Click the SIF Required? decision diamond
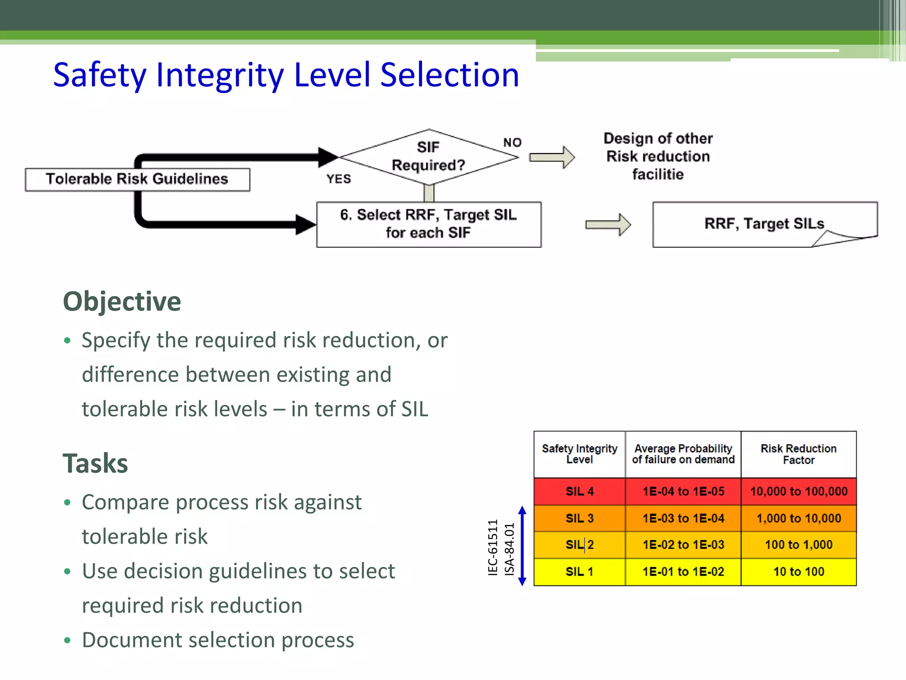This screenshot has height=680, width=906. pos(428,157)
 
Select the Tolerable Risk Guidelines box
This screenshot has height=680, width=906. pos(137,179)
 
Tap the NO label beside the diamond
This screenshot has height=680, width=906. pos(512,143)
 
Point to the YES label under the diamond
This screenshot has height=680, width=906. pos(339,179)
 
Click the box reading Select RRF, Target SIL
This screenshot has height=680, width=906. pos(428,224)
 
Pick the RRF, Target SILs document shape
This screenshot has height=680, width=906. pos(764,224)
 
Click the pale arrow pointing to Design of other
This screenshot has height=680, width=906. pos(552,157)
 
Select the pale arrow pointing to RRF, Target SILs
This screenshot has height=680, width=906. pos(608,224)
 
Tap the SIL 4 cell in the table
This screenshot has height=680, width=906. pos(579,491)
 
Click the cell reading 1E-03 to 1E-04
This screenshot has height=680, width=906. pos(683,518)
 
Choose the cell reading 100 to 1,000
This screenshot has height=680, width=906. pos(799,545)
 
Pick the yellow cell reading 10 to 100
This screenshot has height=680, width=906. pos(799,572)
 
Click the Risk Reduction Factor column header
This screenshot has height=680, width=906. pos(799,454)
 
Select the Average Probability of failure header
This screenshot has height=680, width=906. pos(683,454)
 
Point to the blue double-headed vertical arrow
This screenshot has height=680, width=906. pos(522,545)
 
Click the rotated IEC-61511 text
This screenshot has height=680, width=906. pos(493,548)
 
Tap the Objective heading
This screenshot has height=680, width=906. pos(122,302)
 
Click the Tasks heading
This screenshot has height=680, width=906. pos(95,464)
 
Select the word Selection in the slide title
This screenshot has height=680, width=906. pos(449,75)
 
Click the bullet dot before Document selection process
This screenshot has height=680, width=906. pos(67,640)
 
